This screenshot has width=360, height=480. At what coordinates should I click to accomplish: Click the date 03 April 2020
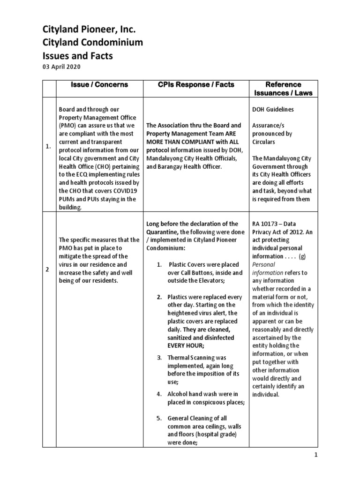60,67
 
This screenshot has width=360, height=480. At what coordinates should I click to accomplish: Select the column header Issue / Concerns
99,85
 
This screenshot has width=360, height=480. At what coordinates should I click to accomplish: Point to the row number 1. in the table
48,146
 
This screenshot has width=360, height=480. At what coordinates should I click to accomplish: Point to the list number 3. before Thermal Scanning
159,358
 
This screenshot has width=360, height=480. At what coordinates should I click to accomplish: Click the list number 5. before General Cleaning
159,418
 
